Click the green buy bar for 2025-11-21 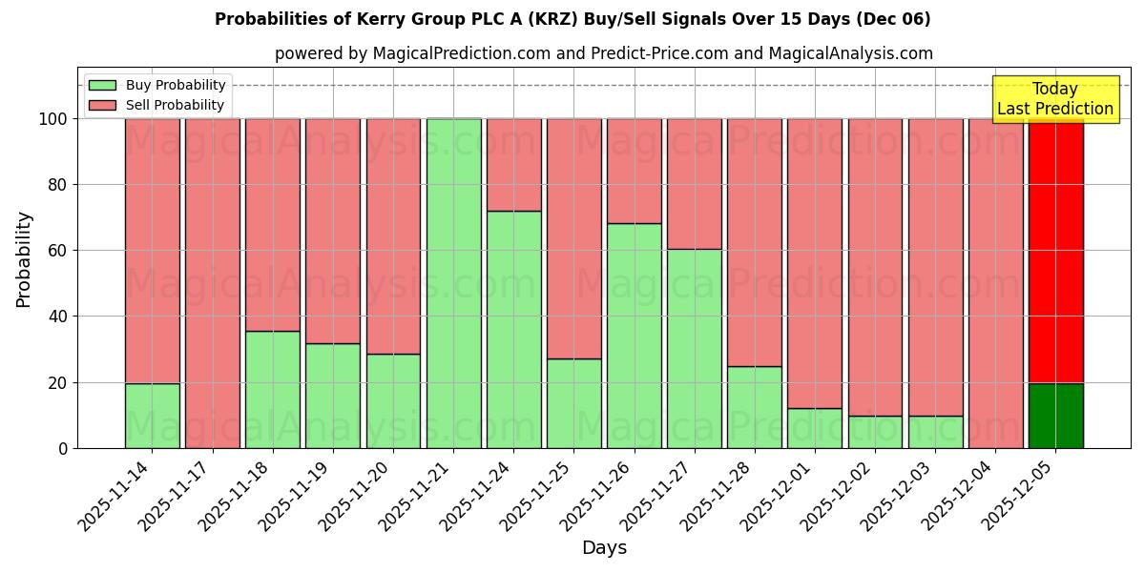(x=453, y=283)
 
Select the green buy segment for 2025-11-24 (x=514, y=329)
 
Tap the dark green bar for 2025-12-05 (x=1055, y=416)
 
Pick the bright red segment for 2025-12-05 (x=1055, y=251)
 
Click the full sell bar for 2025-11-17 (x=212, y=283)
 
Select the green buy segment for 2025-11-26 (x=635, y=336)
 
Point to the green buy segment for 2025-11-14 (x=152, y=416)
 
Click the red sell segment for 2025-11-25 (x=574, y=238)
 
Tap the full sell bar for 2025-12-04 (x=995, y=283)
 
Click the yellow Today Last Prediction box (x=1055, y=99)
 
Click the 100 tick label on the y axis (x=52, y=119)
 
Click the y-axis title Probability (x=24, y=259)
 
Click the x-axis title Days (x=604, y=548)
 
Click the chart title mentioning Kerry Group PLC (x=572, y=19)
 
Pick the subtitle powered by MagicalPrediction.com (x=604, y=54)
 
